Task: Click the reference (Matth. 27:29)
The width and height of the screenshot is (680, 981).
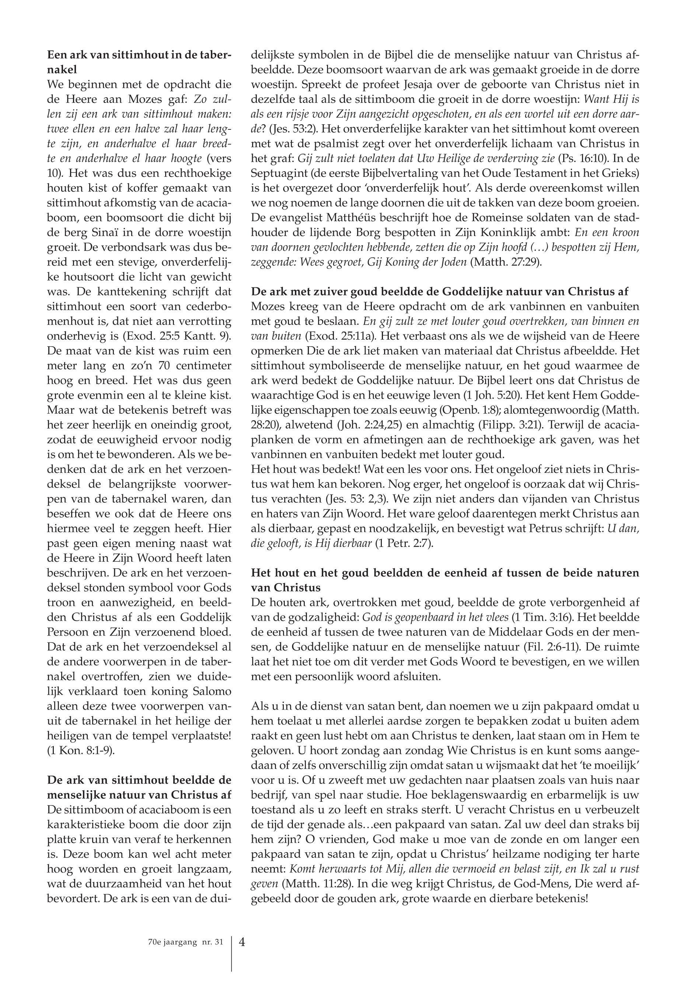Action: (506, 262)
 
